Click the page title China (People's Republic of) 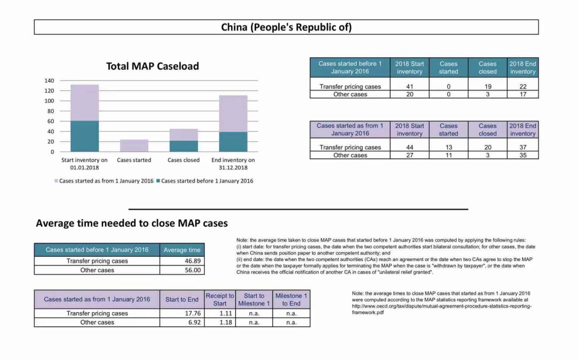286,27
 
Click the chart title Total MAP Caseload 153,66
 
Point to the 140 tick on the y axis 49,81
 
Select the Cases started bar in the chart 134,145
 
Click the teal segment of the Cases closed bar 184,146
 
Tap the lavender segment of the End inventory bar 233,113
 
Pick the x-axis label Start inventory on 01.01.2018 85,164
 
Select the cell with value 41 409,87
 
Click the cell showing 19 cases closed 488,87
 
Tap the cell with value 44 409,148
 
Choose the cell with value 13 448,148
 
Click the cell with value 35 523,156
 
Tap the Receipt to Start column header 220,299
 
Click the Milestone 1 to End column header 291,299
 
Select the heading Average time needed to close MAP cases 132,223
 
